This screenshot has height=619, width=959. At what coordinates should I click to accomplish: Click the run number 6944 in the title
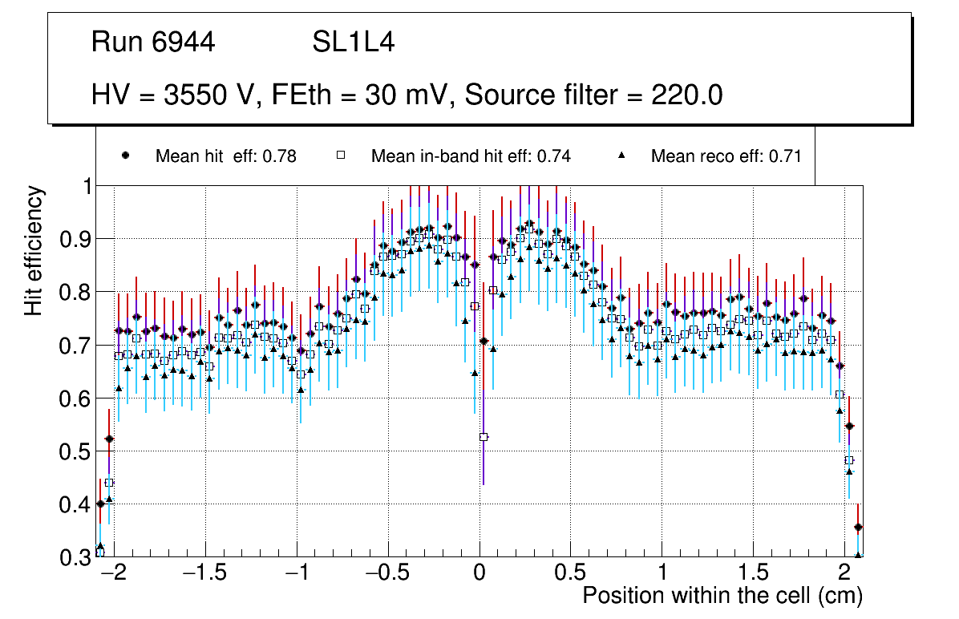pyautogui.click(x=184, y=42)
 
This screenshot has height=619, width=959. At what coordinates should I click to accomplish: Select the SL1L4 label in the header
pyautogui.click(x=353, y=42)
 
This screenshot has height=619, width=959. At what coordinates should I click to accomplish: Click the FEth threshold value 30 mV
pyautogui.click(x=407, y=95)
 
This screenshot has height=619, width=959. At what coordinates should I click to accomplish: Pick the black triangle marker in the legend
pyautogui.click(x=621, y=156)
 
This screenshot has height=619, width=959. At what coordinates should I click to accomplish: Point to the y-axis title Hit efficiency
pyautogui.click(x=34, y=250)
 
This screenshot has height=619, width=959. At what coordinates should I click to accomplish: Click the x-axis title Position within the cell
pyautogui.click(x=722, y=596)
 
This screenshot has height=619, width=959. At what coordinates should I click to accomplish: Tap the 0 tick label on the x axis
pyautogui.click(x=479, y=573)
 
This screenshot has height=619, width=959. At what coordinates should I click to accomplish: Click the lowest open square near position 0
pyautogui.click(x=484, y=437)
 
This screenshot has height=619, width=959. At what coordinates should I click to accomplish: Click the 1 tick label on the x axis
pyautogui.click(x=662, y=573)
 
